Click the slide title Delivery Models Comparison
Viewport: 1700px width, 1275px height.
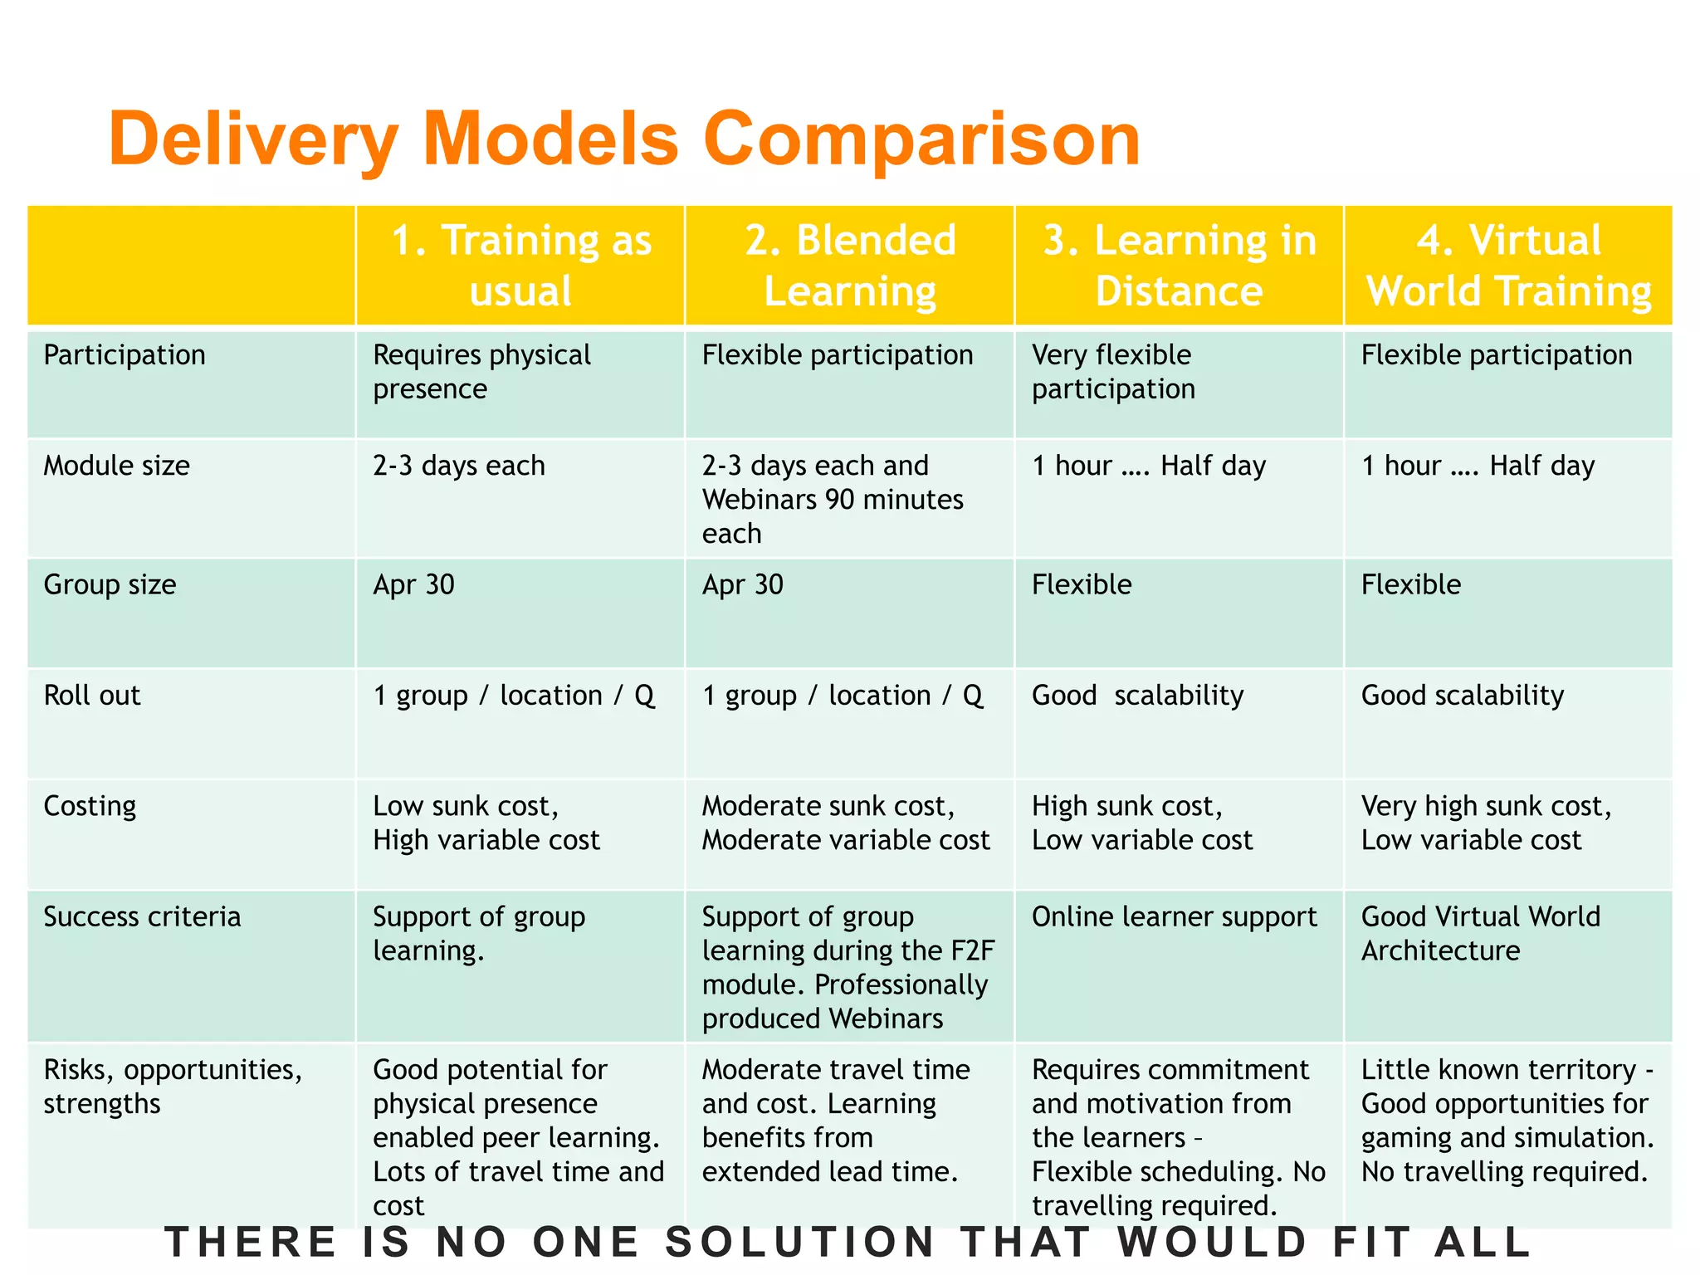[x=624, y=139]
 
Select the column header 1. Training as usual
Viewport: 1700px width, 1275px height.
[x=520, y=266]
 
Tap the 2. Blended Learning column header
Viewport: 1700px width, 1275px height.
[x=850, y=266]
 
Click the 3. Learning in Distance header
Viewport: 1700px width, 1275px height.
[x=1179, y=266]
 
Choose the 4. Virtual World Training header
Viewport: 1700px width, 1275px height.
[x=1508, y=266]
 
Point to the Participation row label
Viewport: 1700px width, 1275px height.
[x=125, y=355]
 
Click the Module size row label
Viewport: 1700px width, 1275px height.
[x=116, y=466]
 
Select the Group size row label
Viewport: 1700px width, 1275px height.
[x=110, y=584]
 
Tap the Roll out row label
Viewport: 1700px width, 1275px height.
[x=92, y=696]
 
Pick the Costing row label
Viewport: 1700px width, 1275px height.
[x=90, y=806]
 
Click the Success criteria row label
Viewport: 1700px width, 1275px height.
[x=142, y=916]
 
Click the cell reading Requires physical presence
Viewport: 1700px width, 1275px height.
[x=481, y=372]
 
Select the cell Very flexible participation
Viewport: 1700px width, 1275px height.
[x=1113, y=372]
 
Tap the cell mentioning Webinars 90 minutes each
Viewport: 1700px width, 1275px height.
[x=833, y=499]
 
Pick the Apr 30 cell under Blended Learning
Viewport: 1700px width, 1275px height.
[x=743, y=585]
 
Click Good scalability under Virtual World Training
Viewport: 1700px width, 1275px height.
[x=1463, y=696]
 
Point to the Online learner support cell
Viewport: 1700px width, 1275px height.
[x=1174, y=916]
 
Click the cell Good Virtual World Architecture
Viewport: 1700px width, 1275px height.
[x=1480, y=933]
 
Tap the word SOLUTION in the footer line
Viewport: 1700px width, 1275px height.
[x=801, y=1243]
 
